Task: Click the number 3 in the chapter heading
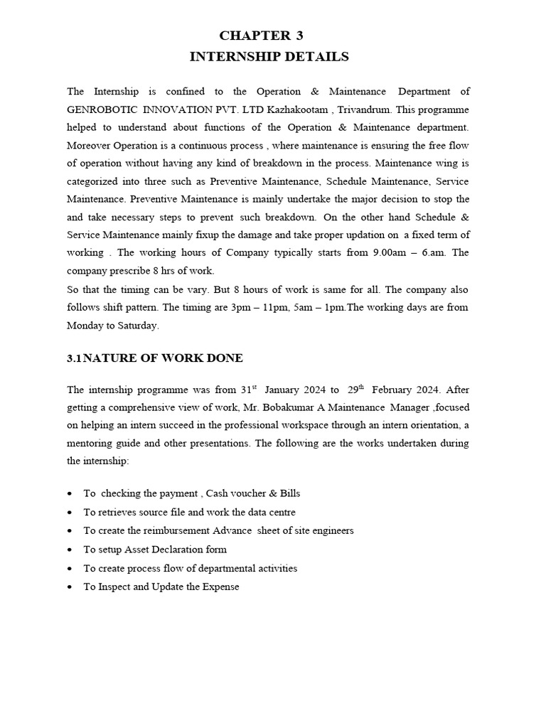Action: point(299,36)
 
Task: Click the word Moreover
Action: point(89,146)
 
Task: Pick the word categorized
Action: point(95,181)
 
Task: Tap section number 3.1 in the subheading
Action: point(75,358)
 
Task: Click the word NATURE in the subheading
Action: point(107,358)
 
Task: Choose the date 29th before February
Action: point(355,389)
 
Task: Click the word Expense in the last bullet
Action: point(221,587)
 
